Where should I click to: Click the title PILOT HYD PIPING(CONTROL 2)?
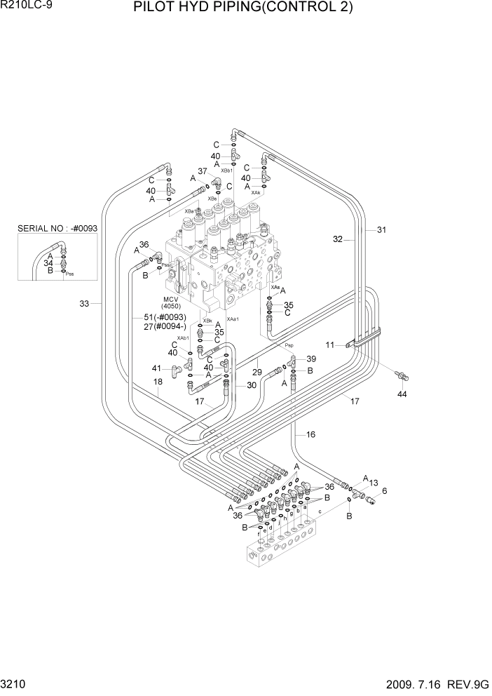coord(252,8)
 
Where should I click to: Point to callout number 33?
coord(84,304)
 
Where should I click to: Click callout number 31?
coord(381,229)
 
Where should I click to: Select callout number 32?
coord(338,239)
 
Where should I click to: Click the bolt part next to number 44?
coord(401,375)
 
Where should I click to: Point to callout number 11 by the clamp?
coord(329,344)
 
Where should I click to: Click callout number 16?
coord(310,435)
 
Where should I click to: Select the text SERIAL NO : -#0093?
coord(57,229)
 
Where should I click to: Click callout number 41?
coord(156,368)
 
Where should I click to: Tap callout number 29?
coord(257,372)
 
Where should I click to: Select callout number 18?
coord(158,382)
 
